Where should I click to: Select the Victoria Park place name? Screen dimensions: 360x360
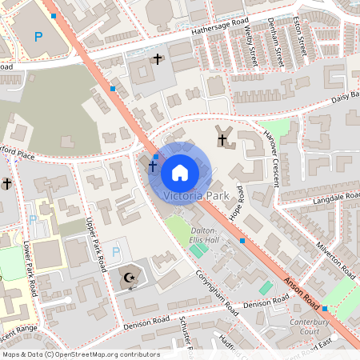(195, 195)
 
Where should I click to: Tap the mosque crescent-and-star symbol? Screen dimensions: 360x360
(129, 278)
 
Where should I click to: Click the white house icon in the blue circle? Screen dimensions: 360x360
(179, 172)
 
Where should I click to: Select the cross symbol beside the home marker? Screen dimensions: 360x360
(151, 167)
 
